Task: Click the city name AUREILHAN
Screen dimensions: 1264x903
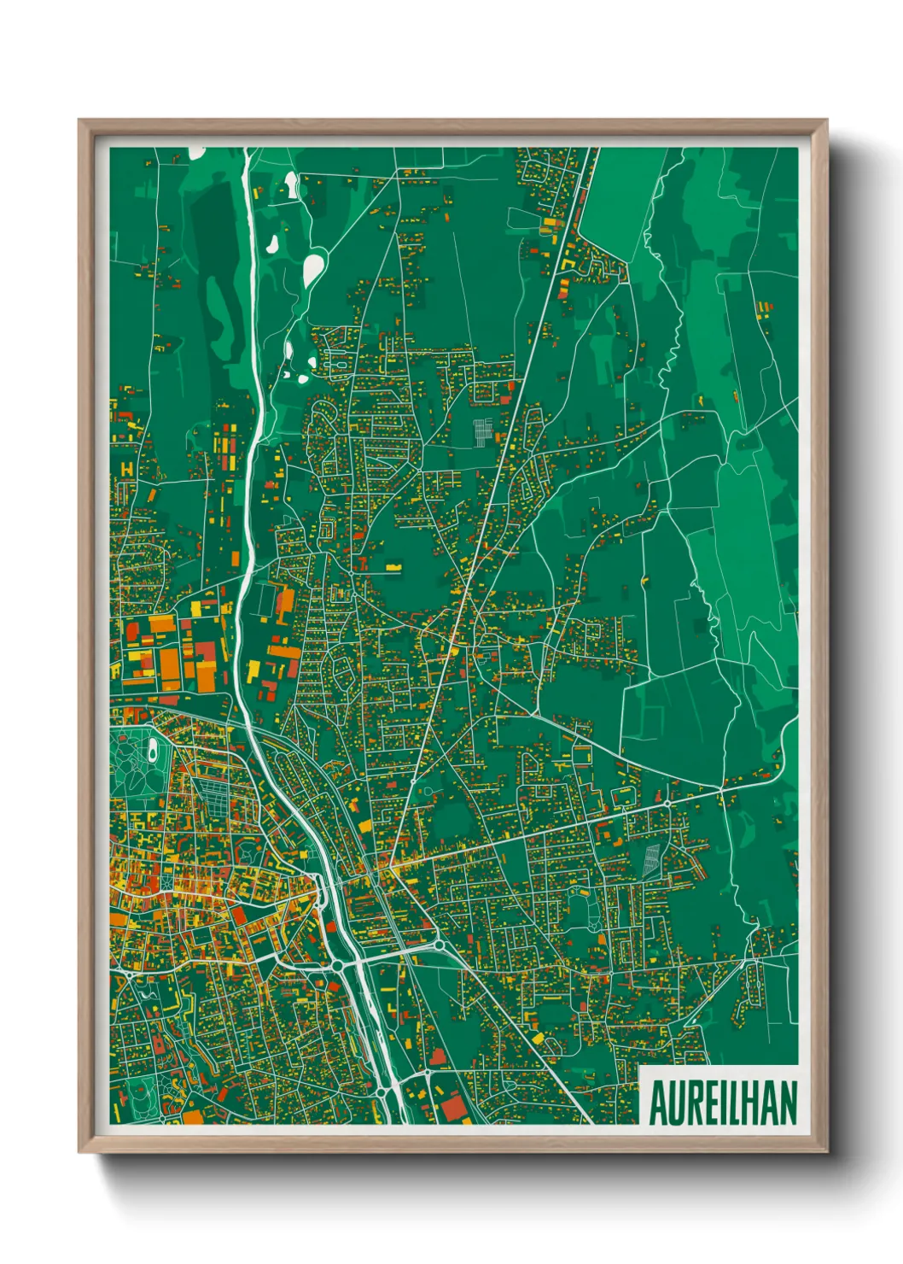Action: pyautogui.click(x=723, y=1103)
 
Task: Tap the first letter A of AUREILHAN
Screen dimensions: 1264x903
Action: pyautogui.click(x=658, y=1103)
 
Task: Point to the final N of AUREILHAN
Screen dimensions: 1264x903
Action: pyautogui.click(x=787, y=1103)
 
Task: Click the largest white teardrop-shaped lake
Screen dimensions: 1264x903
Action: pyautogui.click(x=313, y=269)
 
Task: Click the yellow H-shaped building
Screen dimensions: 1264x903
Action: pyautogui.click(x=127, y=469)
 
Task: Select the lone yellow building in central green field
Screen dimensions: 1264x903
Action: pyautogui.click(x=393, y=565)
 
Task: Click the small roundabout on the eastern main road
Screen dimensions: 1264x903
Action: pyautogui.click(x=667, y=804)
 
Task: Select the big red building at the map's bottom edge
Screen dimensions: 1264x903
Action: pyautogui.click(x=453, y=1108)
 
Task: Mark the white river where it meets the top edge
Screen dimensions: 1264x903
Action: pyautogui.click(x=247, y=150)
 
